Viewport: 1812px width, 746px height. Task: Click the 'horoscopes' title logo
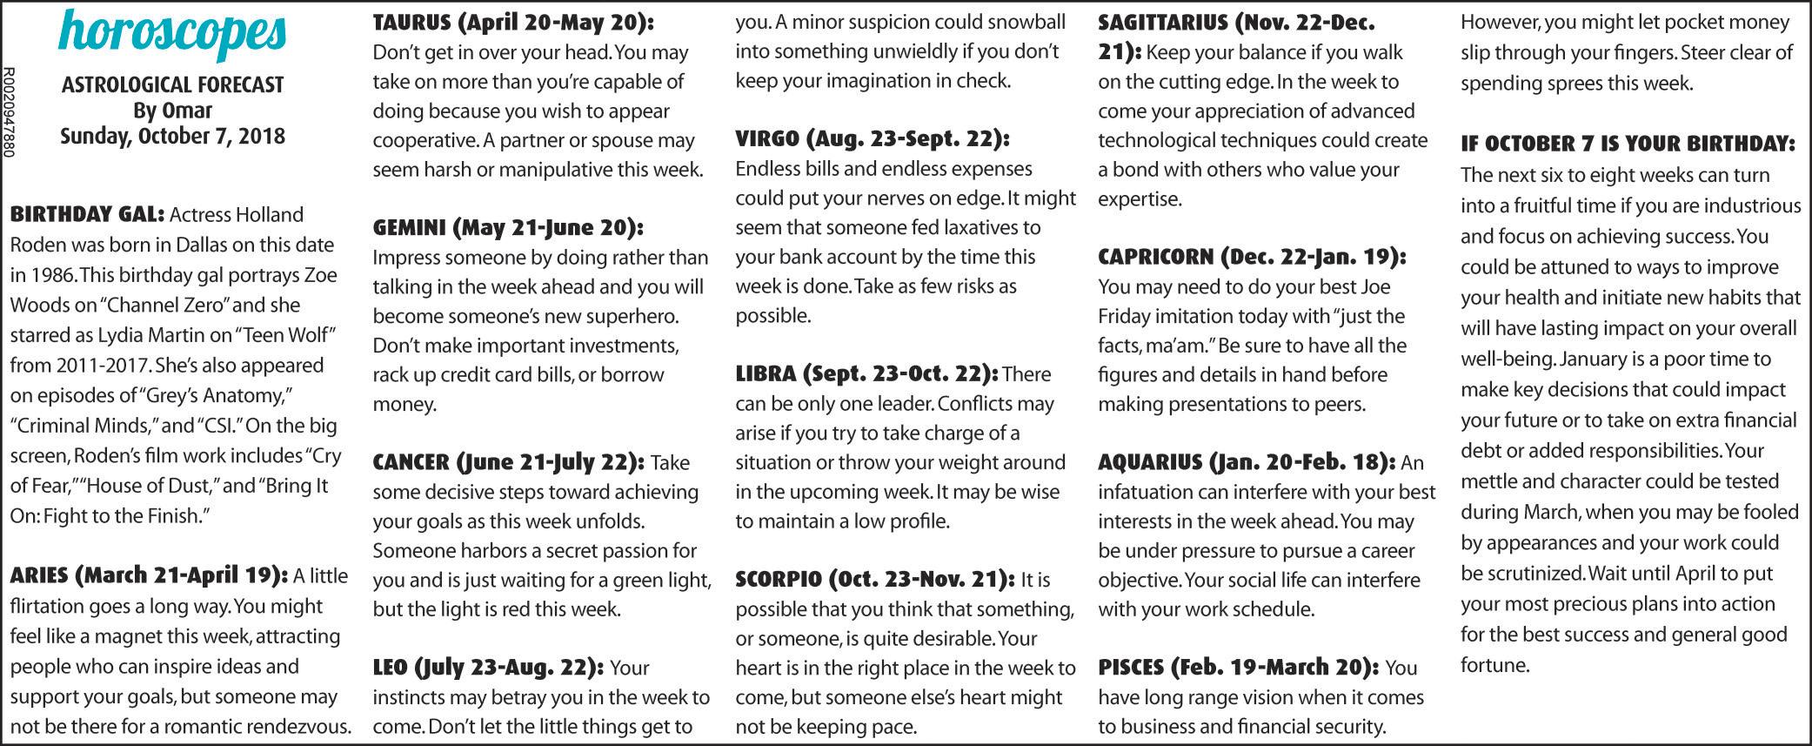[173, 33]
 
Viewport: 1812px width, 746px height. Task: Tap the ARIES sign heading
[148, 576]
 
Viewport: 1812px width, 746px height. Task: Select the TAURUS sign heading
[513, 23]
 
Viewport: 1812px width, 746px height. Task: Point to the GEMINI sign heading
[508, 228]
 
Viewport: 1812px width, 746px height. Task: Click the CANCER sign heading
[509, 461]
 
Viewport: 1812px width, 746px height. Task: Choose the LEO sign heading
[488, 668]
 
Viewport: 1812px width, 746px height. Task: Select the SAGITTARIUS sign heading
[1235, 23]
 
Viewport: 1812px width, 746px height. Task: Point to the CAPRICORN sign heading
[1252, 257]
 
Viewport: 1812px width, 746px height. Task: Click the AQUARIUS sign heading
[1247, 462]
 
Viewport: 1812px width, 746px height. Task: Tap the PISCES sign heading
[1238, 668]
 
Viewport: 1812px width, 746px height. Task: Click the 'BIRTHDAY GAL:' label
[87, 214]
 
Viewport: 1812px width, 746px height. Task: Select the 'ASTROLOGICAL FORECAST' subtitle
[173, 85]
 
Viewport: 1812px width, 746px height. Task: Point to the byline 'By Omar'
[173, 111]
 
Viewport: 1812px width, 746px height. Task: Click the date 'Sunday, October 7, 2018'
[173, 137]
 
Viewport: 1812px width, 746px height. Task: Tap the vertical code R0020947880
[9, 113]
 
